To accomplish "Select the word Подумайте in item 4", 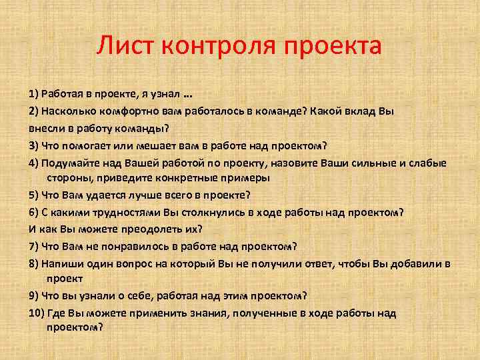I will (67, 163).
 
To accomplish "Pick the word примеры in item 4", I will (247, 178).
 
